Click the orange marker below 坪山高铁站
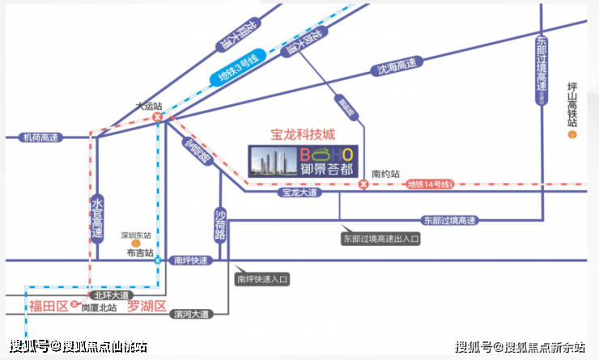572,135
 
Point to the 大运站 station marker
158,116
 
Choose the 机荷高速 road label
39,138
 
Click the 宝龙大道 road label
299,193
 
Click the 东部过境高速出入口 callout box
381,239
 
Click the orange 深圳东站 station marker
136,242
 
